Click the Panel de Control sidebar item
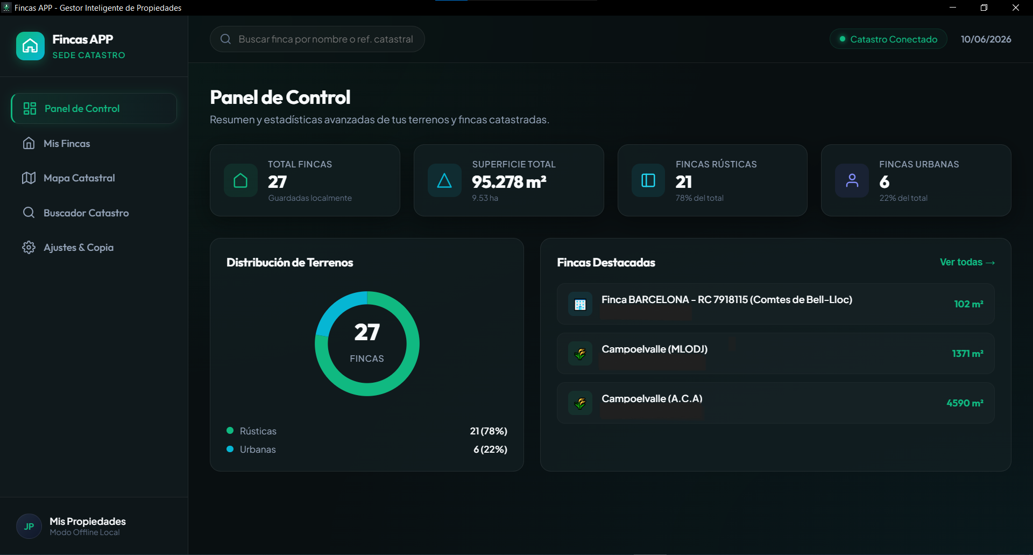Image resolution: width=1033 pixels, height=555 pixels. tap(94, 109)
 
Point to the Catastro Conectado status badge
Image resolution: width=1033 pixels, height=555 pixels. tap(888, 39)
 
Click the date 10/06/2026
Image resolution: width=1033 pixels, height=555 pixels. tap(986, 39)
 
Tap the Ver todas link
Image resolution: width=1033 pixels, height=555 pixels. tap(967, 262)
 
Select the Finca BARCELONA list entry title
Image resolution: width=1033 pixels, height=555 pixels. tap(726, 300)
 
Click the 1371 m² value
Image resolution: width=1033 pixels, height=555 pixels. tap(967, 354)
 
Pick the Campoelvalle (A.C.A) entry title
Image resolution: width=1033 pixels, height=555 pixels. tap(652, 399)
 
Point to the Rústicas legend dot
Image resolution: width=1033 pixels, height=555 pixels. tap(230, 431)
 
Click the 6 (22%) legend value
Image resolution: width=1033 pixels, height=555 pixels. tap(490, 449)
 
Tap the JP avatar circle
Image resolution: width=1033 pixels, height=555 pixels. tap(29, 526)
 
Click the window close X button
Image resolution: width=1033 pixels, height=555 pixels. tap(1016, 8)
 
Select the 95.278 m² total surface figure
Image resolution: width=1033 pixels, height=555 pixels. tap(509, 182)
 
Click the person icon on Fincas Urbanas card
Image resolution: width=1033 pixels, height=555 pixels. tap(852, 180)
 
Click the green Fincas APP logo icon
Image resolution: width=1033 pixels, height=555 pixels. tap(30, 46)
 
